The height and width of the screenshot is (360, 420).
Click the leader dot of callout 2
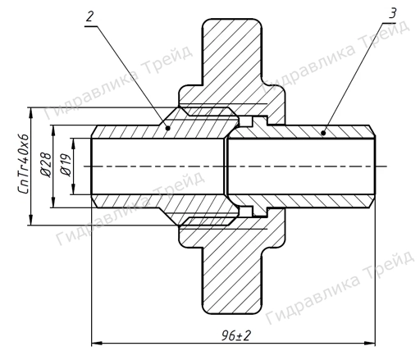coord(167,127)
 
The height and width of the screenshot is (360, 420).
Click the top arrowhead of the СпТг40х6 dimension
coord(30,110)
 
